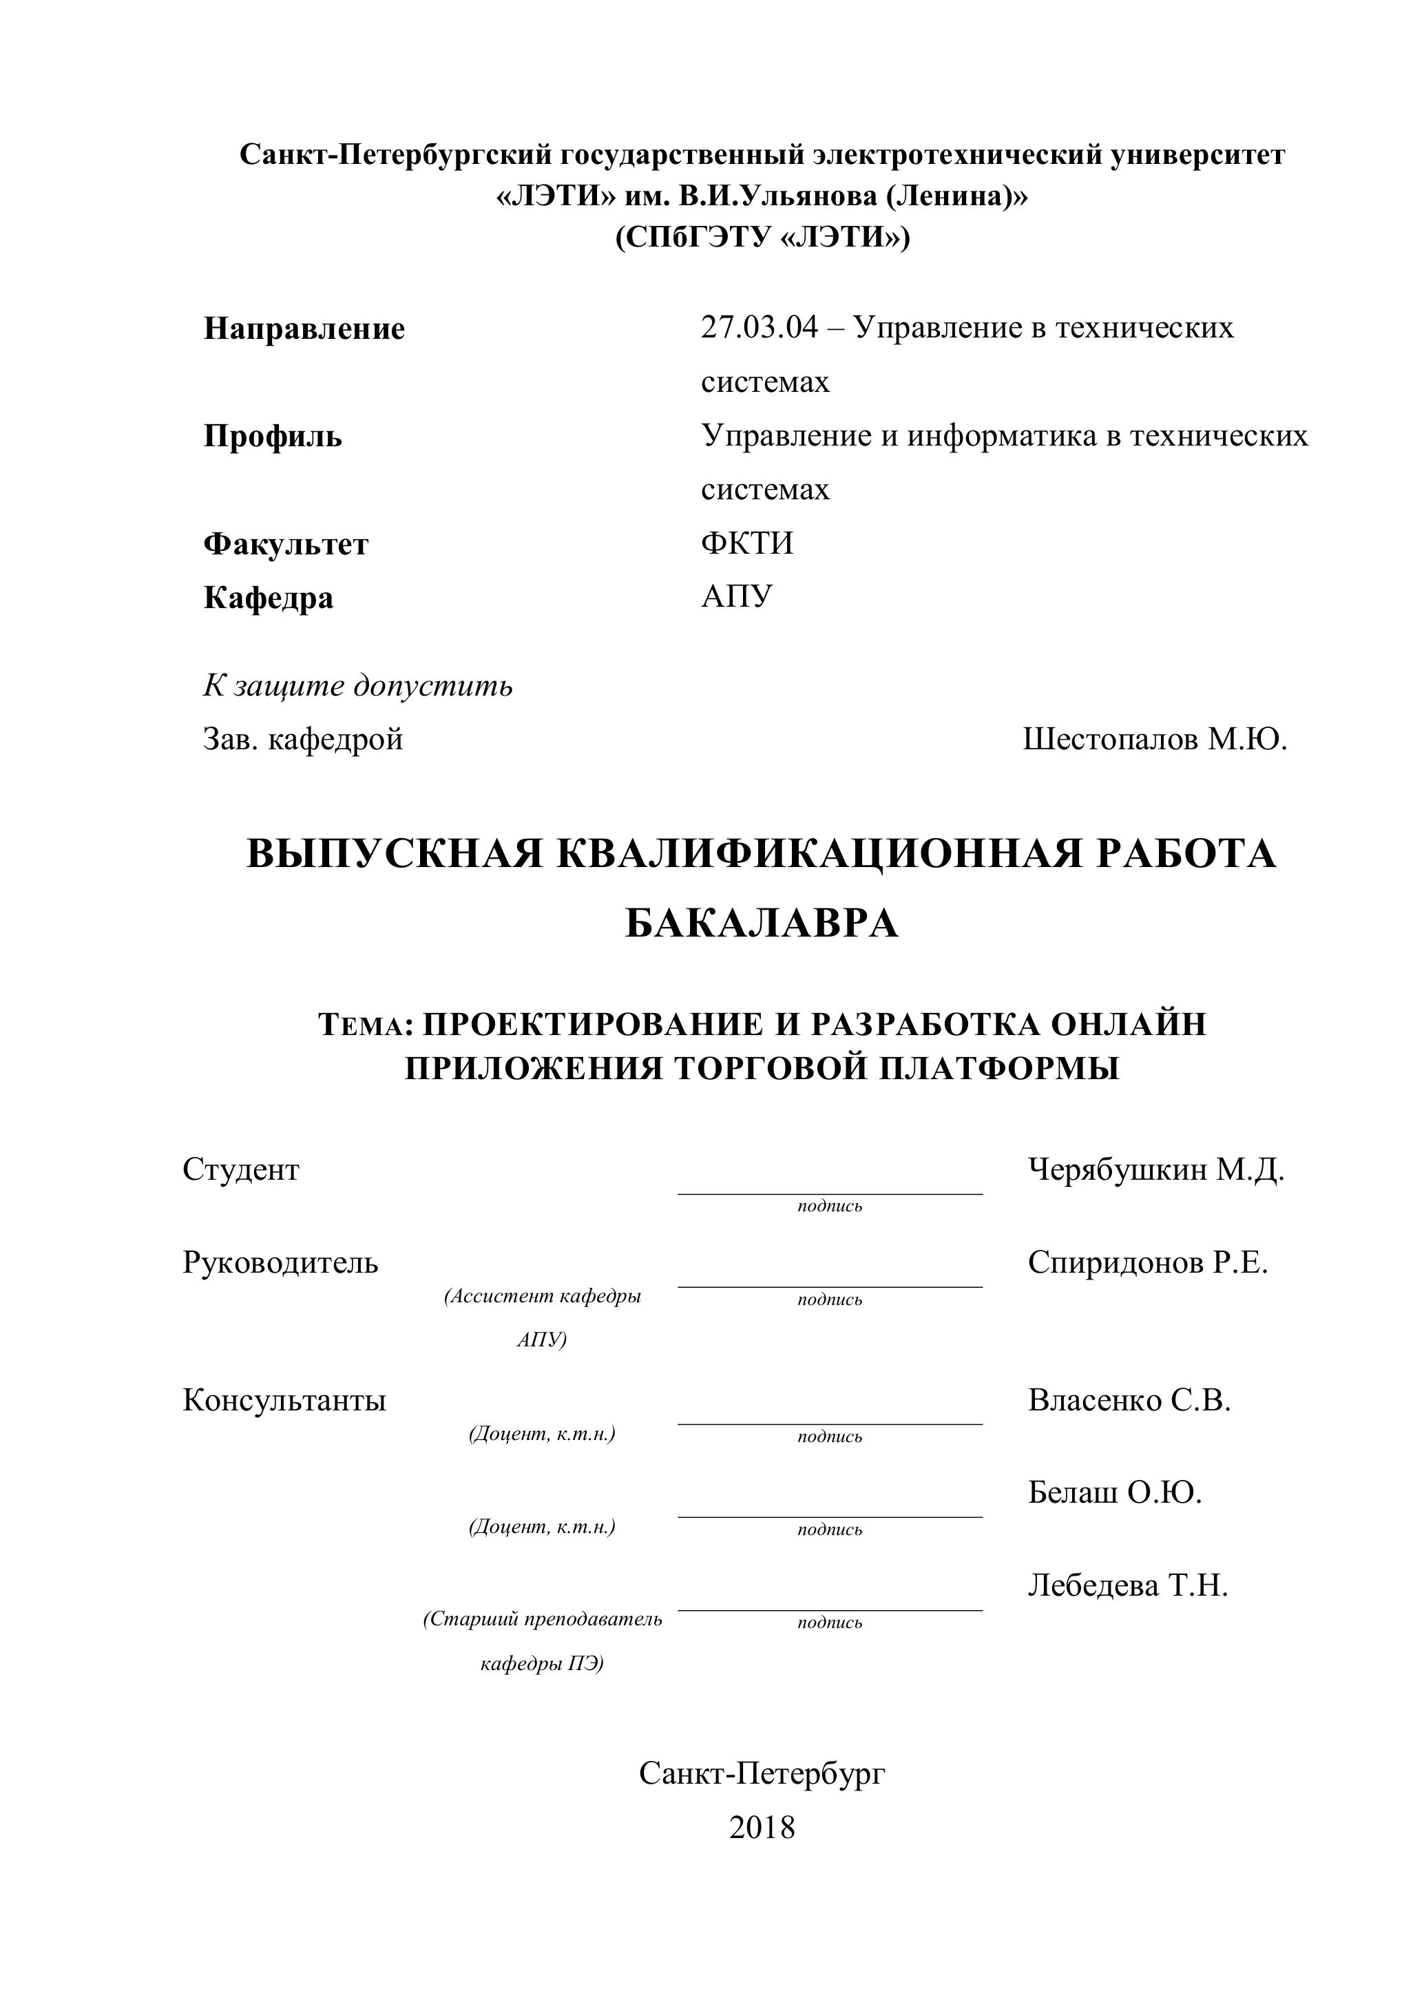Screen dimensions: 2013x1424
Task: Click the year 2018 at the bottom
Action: [762, 1827]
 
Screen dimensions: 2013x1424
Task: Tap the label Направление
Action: [304, 328]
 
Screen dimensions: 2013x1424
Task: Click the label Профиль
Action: [273, 436]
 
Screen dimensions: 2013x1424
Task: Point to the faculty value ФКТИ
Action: [747, 543]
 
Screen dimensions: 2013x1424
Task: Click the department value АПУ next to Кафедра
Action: [737, 597]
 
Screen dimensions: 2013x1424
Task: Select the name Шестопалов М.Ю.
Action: [1155, 739]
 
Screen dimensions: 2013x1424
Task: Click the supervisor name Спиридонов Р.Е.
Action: [1148, 1262]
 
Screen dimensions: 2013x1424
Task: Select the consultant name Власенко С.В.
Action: [1129, 1400]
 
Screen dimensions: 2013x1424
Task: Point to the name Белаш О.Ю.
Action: [1114, 1492]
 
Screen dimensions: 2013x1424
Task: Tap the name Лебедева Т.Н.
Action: [1128, 1585]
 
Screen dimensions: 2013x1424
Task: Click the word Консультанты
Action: [284, 1400]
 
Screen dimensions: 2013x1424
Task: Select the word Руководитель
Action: [280, 1262]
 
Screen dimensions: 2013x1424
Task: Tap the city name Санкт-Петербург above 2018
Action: [762, 1773]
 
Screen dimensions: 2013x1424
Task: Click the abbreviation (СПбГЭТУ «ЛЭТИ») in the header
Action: [762, 238]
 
